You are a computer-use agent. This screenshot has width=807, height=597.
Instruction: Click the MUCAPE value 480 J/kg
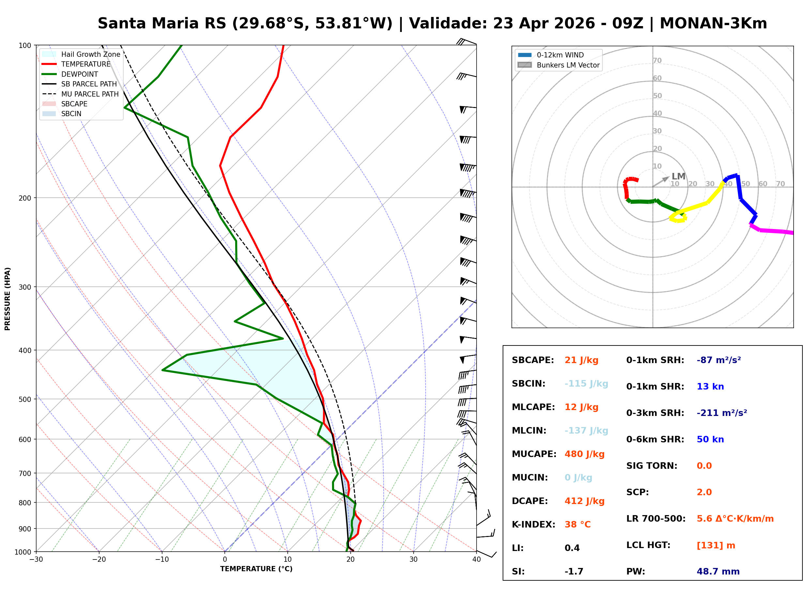coord(584,454)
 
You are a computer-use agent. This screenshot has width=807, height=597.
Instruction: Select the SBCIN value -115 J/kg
coord(586,383)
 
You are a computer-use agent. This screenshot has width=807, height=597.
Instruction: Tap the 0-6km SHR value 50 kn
coord(710,439)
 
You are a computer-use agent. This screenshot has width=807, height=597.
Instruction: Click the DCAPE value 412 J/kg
coord(584,501)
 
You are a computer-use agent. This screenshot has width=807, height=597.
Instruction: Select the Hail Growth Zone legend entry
coord(90,54)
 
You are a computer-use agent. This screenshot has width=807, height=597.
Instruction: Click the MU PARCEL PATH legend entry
coord(90,94)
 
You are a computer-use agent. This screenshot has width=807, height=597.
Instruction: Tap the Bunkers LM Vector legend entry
coord(568,65)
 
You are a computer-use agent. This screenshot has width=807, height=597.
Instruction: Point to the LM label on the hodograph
coord(678,176)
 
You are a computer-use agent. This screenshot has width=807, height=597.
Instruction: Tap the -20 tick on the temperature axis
coord(99,559)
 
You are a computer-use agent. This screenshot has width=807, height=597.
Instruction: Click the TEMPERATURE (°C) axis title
coord(256,569)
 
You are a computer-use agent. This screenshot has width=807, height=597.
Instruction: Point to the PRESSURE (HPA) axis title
coord(8,298)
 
